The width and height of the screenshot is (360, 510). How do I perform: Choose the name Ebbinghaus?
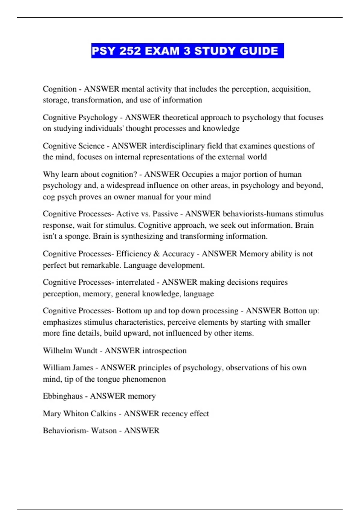63,396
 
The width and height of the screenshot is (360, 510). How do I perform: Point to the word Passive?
165,214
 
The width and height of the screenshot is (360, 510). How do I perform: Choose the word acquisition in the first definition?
291,89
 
